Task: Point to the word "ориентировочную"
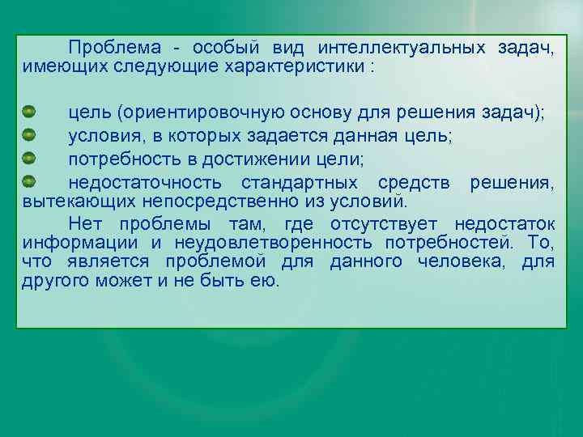194,114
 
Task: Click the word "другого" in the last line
55,282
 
